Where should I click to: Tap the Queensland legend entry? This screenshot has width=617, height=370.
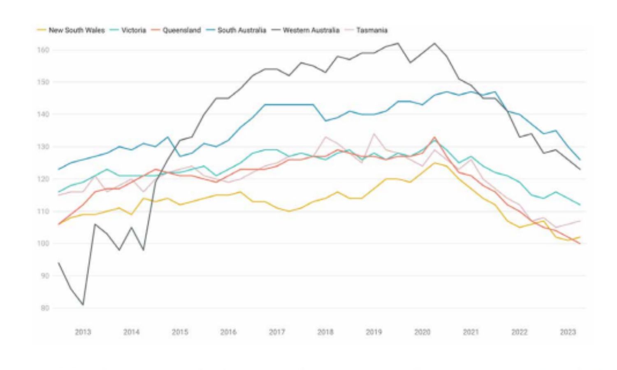click(181, 30)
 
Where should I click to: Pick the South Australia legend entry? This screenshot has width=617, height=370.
click(241, 30)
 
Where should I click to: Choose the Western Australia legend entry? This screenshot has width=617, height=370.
click(311, 30)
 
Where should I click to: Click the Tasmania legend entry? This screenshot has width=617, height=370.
click(372, 30)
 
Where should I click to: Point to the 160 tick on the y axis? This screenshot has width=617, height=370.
click(44, 50)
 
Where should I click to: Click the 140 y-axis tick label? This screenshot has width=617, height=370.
click(44, 114)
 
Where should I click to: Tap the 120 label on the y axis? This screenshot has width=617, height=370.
click(44, 179)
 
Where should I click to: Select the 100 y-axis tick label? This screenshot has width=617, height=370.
click(44, 243)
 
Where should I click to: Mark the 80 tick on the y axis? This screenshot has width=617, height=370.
click(45, 308)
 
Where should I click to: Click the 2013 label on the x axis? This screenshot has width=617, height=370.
click(83, 332)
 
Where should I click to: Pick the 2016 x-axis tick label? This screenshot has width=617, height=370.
click(228, 332)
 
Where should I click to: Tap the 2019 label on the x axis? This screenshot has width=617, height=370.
click(373, 332)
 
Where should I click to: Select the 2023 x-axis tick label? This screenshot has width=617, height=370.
click(568, 332)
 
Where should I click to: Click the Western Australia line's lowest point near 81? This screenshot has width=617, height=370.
click(83, 305)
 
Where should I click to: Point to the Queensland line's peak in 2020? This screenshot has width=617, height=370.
click(434, 137)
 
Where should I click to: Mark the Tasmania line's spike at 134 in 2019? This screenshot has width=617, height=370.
click(374, 134)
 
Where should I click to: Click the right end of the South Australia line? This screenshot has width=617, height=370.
click(580, 160)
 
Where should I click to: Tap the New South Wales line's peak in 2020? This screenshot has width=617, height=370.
click(434, 163)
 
